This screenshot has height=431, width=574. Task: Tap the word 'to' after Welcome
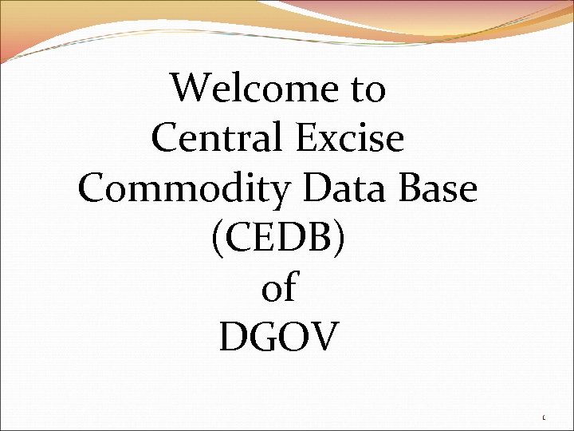(x=368, y=89)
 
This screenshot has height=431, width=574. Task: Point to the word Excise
(x=351, y=138)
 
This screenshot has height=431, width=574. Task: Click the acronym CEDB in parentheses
(x=278, y=239)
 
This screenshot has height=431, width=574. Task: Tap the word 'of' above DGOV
(x=278, y=288)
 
